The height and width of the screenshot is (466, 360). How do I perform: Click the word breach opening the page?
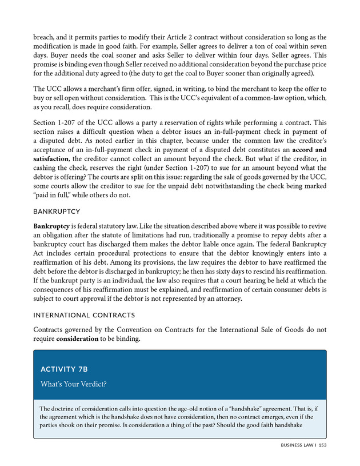45,36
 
